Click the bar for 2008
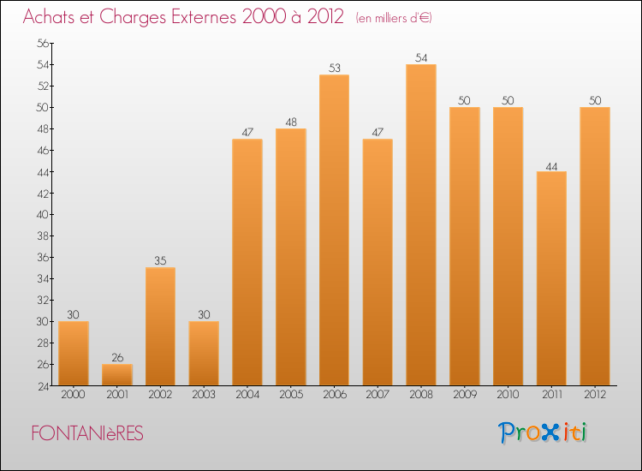click(x=420, y=224)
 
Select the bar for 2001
click(x=116, y=375)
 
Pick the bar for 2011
click(x=551, y=278)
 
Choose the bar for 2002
click(x=160, y=326)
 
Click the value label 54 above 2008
click(x=420, y=57)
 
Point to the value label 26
click(x=116, y=357)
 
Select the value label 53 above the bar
click(x=334, y=68)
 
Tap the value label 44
click(x=551, y=164)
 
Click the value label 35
click(x=160, y=260)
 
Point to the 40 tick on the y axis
click(x=42, y=215)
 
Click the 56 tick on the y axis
click(x=42, y=43)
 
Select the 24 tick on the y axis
click(x=42, y=386)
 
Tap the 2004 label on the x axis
click(x=247, y=396)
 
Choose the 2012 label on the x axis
click(x=594, y=396)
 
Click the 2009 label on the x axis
click(x=464, y=396)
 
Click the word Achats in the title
click(x=51, y=17)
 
